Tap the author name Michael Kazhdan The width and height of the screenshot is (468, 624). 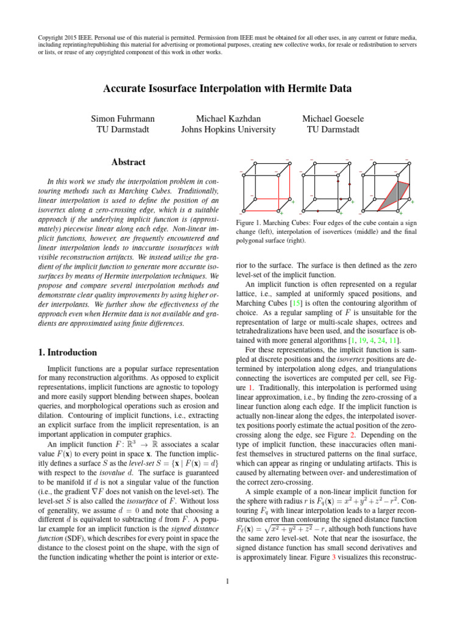[228, 118]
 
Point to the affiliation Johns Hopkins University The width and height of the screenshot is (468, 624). [228, 129]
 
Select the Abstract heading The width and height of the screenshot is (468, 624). [129, 162]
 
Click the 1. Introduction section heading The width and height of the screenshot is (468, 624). [64, 352]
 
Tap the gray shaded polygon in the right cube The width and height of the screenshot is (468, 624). [395, 196]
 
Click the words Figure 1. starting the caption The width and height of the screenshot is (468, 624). [247, 224]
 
